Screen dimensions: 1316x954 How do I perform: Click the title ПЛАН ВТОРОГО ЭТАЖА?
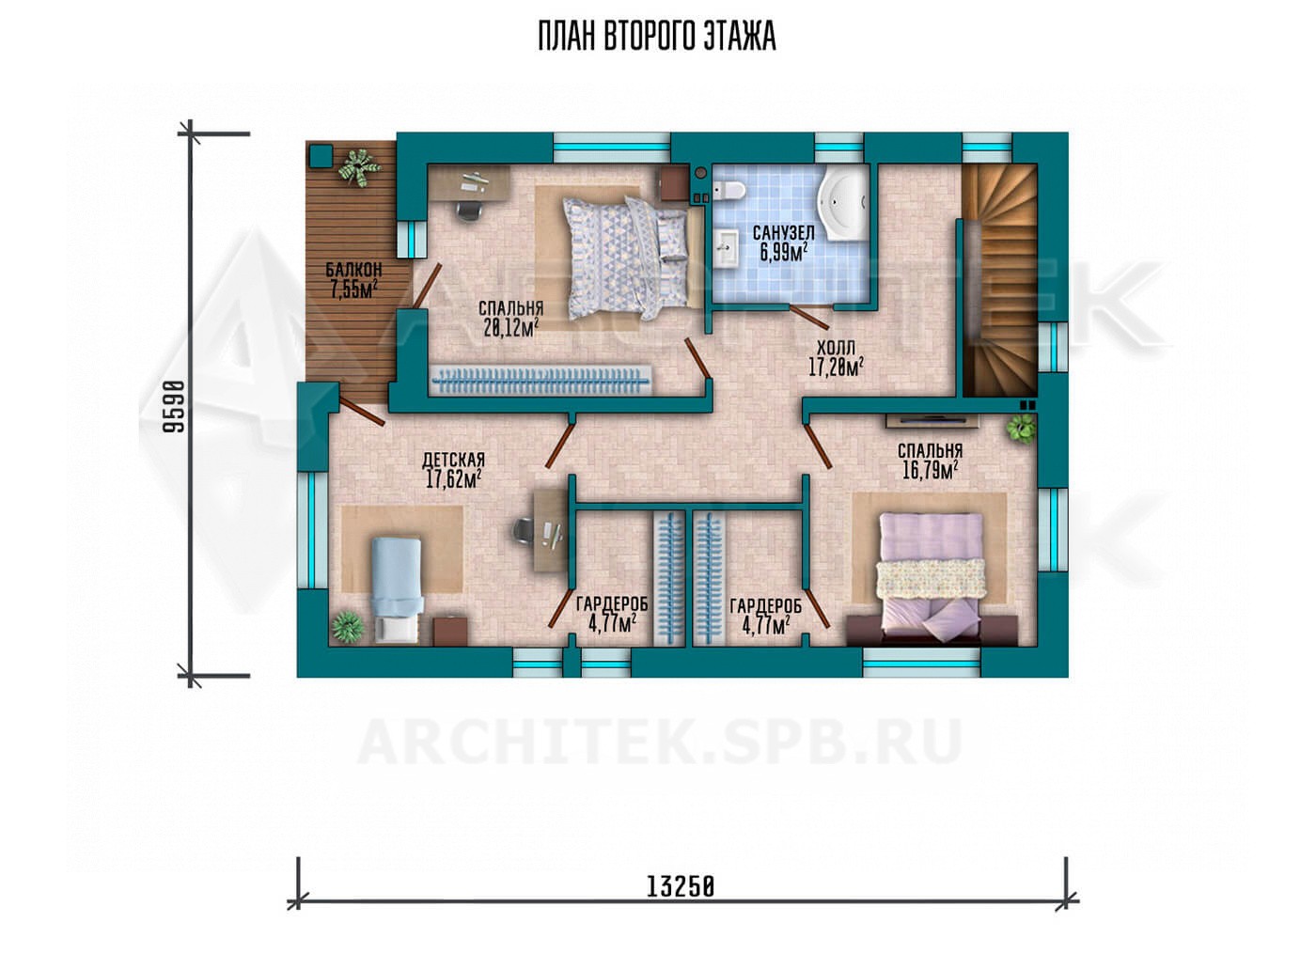(657, 38)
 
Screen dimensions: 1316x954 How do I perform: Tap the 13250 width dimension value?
(681, 903)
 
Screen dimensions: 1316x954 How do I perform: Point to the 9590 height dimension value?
(174, 406)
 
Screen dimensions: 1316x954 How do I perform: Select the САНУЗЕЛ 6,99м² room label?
(784, 242)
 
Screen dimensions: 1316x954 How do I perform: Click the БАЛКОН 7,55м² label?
(353, 280)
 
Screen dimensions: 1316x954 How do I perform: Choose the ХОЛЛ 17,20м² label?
(836, 358)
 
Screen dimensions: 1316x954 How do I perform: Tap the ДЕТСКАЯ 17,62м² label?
(453, 470)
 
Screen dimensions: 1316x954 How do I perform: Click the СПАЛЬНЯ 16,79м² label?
(930, 461)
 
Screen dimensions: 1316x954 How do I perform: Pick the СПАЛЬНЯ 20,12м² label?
(510, 319)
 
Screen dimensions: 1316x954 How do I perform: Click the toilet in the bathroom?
(729, 190)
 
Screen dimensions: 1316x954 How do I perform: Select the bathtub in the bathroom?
(843, 205)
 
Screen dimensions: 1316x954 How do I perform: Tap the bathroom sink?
(727, 247)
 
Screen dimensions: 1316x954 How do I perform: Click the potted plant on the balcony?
(359, 167)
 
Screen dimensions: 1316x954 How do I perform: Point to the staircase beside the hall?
(998, 280)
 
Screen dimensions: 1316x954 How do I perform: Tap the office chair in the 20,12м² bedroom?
(469, 211)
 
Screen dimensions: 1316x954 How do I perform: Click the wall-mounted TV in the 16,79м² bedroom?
(932, 420)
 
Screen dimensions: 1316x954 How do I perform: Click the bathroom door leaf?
(809, 318)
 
